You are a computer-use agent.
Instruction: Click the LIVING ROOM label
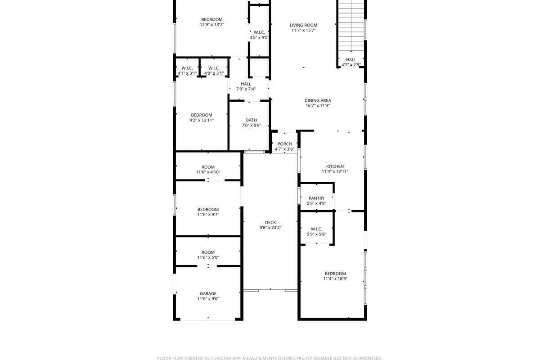pos(303,25)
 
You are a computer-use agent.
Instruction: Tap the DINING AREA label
pos(318,100)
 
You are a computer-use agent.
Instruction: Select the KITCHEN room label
pos(335,166)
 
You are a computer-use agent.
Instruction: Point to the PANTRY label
pos(316,198)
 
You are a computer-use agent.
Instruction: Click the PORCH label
pos(284,144)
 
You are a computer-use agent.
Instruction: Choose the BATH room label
pos(251,120)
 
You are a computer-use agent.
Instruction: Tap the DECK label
pos(270,222)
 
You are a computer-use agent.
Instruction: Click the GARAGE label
pos(208,293)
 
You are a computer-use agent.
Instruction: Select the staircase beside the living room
pos(351,27)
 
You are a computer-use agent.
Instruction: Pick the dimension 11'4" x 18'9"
pos(335,279)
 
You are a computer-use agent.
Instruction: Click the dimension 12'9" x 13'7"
pos(211,25)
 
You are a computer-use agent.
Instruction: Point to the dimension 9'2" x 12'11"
pos(201,120)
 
